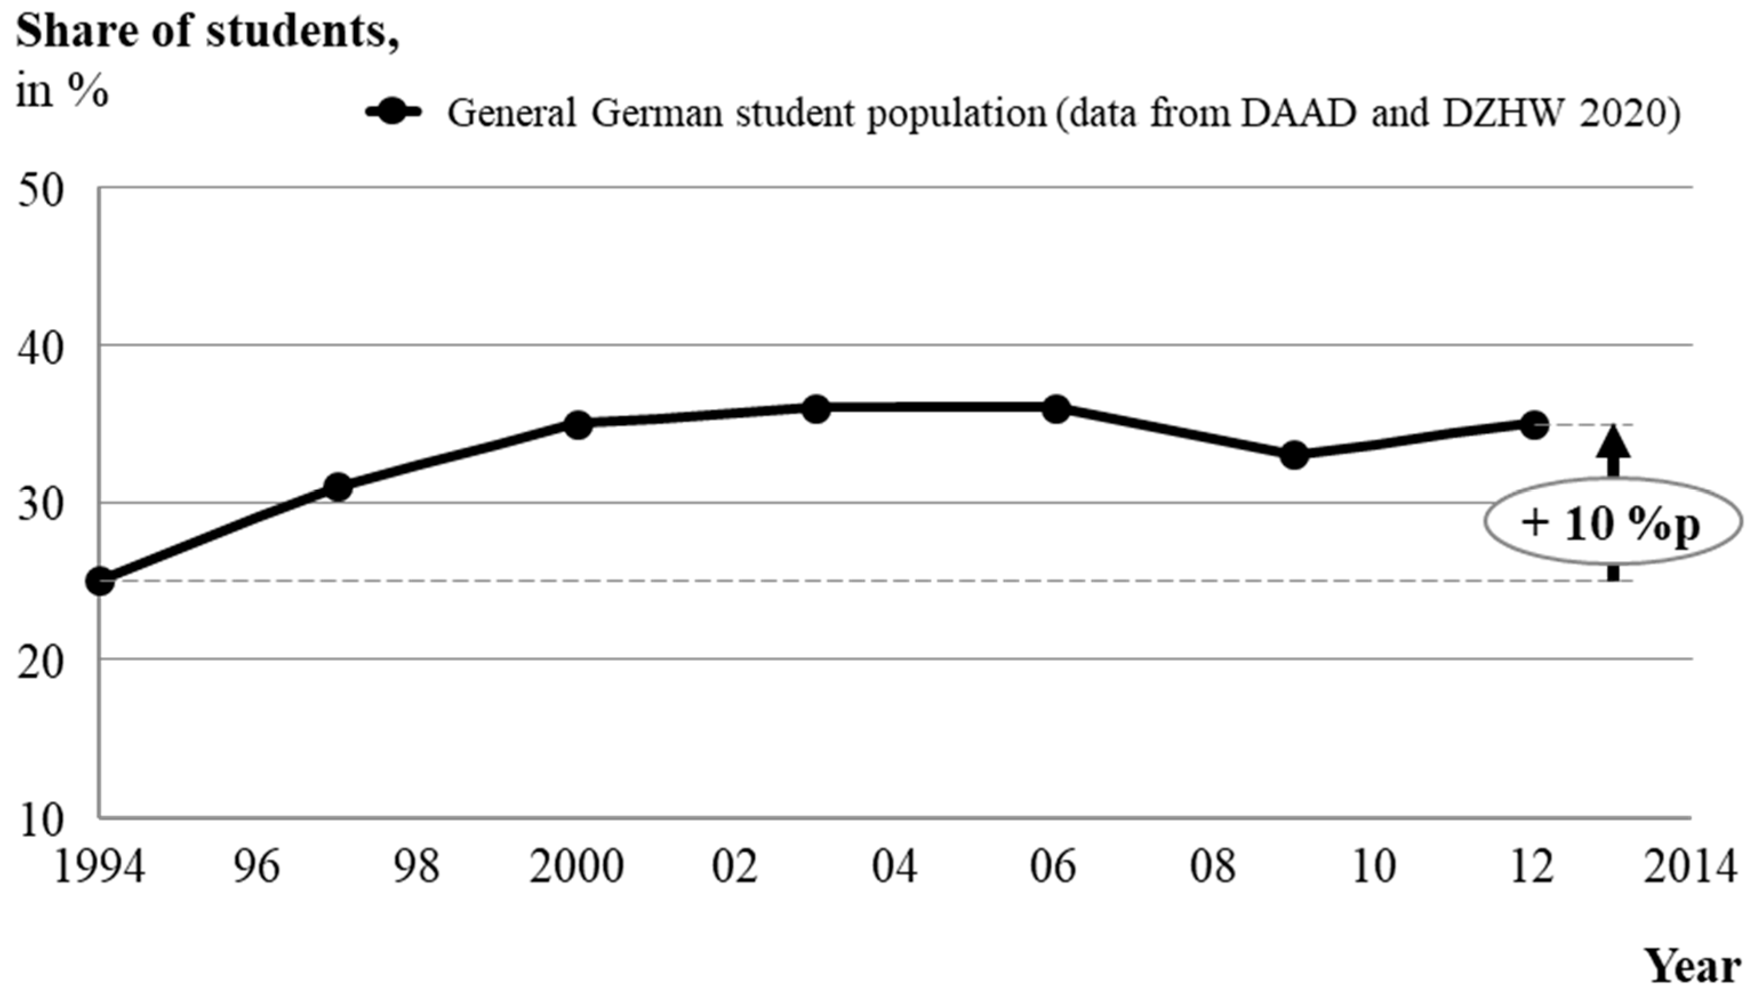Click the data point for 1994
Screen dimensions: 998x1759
[100, 581]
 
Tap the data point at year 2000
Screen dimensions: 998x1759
[578, 425]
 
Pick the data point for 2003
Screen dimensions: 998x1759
[816, 409]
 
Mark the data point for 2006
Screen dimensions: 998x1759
[1056, 409]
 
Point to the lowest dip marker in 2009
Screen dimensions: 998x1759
[1294, 454]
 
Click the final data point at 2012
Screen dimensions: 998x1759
[1533, 424]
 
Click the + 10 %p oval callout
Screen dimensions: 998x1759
[1612, 522]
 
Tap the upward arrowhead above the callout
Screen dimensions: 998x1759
[1613, 442]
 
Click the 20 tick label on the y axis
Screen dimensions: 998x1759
[41, 663]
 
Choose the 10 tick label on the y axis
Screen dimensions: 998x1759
[41, 821]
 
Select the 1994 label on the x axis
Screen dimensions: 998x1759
[100, 868]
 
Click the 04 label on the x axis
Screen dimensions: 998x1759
[894, 868]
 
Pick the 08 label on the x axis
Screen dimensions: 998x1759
[1212, 868]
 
